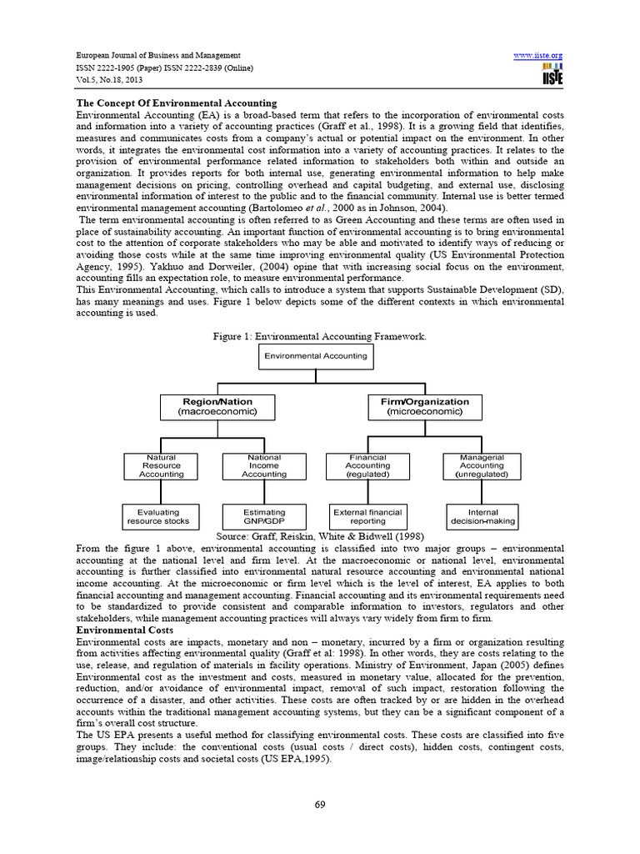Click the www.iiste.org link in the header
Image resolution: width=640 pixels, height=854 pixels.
tap(539, 55)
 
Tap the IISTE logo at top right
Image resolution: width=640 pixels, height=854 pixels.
tap(552, 73)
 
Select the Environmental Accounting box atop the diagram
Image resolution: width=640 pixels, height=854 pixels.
tap(315, 356)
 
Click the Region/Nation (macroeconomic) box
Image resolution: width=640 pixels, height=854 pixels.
tap(217, 406)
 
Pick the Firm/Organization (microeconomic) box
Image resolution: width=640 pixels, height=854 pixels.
tap(413, 406)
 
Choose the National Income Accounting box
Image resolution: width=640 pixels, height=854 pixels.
tap(264, 465)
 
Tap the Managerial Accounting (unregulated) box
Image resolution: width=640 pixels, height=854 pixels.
tap(482, 465)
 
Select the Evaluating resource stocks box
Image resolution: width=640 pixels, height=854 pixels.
tap(158, 516)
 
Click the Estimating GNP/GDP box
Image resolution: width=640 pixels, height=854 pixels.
tap(264, 516)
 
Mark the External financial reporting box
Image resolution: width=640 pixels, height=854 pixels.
tap(367, 516)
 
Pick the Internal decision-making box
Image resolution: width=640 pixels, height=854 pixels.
tap(482, 516)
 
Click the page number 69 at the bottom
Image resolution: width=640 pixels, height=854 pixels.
tap(319, 803)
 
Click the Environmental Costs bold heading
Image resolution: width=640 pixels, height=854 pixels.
tap(125, 630)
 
